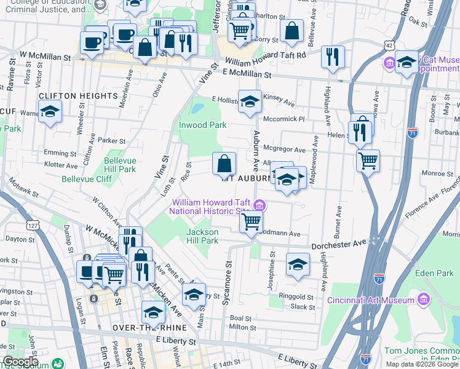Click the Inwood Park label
tap(202, 125)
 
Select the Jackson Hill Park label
tap(202, 236)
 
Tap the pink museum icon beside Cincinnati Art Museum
tap(422, 300)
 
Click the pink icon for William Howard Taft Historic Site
tap(260, 205)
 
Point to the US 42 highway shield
tap(389, 46)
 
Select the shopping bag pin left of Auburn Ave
tap(224, 164)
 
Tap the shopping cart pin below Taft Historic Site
tap(250, 222)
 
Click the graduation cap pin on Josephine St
tap(298, 264)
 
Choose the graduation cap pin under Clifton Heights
tap(50, 111)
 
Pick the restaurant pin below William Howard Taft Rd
tap(333, 57)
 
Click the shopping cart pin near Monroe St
tap(368, 161)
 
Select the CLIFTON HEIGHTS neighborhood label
tap(78, 96)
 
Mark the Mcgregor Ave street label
tap(284, 149)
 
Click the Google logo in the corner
tap(21, 362)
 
